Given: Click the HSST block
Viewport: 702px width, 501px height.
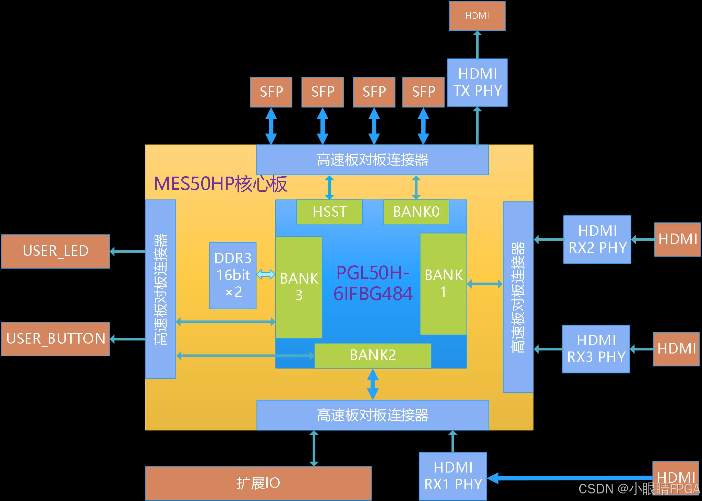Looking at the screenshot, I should click(x=329, y=212).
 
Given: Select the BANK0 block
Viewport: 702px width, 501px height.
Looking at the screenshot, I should click(x=416, y=212).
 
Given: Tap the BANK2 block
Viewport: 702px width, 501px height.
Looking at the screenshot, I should click(x=373, y=355).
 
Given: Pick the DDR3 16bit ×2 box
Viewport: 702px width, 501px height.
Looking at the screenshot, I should click(x=233, y=275).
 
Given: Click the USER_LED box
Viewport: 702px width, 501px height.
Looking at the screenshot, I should click(x=56, y=251).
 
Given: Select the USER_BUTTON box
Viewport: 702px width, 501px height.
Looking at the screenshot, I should click(x=56, y=339).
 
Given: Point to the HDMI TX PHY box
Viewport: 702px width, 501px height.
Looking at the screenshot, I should click(x=477, y=82).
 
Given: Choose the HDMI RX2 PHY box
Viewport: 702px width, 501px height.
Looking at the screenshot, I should click(x=597, y=239).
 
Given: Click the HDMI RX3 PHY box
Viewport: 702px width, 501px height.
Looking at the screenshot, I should click(x=596, y=349).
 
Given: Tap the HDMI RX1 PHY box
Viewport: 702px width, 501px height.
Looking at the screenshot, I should click(x=452, y=476).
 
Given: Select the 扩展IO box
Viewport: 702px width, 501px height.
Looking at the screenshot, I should click(x=258, y=483).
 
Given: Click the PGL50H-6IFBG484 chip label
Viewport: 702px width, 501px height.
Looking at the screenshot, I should click(x=373, y=283).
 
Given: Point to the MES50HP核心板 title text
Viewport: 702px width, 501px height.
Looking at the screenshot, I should click(x=220, y=184).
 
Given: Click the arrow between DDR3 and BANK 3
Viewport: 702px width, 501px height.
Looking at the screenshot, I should click(x=266, y=274).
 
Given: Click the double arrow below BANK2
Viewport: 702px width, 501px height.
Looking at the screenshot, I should click(x=373, y=384).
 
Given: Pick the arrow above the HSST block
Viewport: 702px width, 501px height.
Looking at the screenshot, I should click(x=329, y=187).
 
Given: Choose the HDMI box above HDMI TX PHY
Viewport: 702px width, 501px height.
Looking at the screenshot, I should click(x=477, y=16).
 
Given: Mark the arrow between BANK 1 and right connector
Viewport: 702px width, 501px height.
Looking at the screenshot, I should click(x=485, y=284).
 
